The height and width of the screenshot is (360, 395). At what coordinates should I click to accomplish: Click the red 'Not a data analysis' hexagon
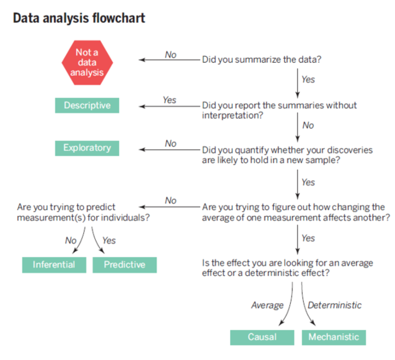[87, 62]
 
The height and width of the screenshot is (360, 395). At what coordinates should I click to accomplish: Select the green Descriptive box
[87, 105]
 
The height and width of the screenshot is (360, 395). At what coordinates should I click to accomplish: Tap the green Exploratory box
[87, 148]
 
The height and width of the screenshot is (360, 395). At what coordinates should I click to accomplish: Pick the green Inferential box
[54, 265]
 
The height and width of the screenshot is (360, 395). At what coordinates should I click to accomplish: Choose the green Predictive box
[124, 265]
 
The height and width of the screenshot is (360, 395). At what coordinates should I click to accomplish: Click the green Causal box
[262, 337]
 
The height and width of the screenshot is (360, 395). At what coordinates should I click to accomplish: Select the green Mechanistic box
[334, 337]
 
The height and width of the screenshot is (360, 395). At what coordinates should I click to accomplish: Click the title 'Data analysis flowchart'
[79, 18]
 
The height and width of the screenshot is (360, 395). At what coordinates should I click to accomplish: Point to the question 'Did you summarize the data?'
[261, 59]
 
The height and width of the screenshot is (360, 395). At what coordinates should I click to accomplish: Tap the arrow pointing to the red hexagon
[169, 60]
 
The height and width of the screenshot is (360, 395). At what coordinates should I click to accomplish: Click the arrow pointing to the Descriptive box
[169, 106]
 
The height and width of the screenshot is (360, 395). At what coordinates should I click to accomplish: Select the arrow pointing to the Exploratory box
[169, 150]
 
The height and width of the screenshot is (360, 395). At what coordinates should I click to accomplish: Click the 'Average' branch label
[267, 305]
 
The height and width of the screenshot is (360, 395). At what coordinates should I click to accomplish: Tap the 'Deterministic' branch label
[335, 305]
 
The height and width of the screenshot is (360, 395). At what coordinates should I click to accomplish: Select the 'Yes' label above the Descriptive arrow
[169, 100]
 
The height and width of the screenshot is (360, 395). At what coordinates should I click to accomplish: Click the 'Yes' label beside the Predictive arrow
[109, 241]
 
